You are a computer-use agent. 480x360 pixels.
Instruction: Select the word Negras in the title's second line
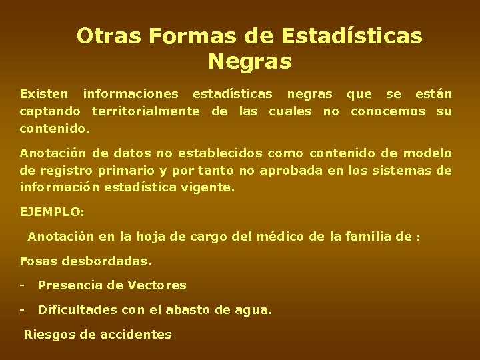(x=249, y=62)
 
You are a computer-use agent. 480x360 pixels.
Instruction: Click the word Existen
(x=44, y=94)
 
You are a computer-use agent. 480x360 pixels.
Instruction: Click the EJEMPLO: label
(x=53, y=213)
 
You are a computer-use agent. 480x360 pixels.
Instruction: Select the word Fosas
(x=39, y=261)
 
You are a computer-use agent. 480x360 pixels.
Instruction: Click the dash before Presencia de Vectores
(x=23, y=285)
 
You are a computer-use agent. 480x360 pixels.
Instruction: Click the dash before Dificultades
(x=23, y=310)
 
